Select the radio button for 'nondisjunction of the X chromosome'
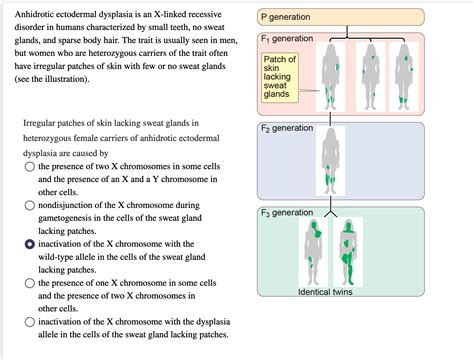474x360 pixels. coord(30,206)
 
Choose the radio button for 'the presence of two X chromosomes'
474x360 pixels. coord(30,168)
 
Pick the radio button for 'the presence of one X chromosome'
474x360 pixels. coord(30,283)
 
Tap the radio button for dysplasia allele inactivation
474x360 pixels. coord(30,321)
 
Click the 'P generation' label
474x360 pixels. coord(286,18)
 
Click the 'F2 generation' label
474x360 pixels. coord(288,129)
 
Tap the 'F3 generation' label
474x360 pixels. coord(288,212)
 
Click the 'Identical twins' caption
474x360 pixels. coord(331,292)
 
